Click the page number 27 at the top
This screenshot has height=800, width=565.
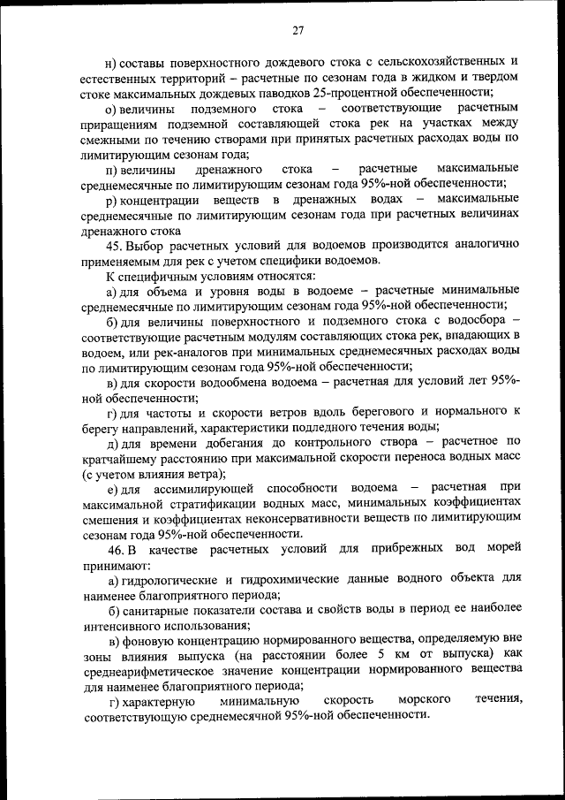coord(298,30)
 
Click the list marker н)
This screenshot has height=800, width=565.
coord(110,62)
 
